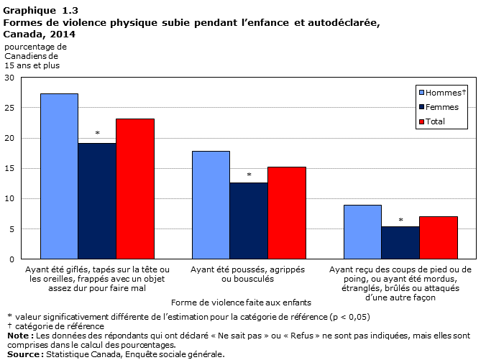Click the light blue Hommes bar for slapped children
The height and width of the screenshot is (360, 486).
[x=59, y=176]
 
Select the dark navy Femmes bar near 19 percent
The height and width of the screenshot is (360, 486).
[x=97, y=200]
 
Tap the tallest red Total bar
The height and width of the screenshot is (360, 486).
[x=135, y=189]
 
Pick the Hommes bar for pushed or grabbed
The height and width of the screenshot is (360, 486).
[x=211, y=205]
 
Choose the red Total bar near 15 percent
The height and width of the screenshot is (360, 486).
[x=287, y=213]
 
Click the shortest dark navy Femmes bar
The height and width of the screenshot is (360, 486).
[x=400, y=243]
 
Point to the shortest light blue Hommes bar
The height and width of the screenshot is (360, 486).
[x=362, y=232]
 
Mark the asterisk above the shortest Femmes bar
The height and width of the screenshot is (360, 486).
[x=400, y=220]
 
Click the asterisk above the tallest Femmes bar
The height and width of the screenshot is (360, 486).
[x=97, y=133]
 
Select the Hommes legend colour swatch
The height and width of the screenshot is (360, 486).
[x=421, y=92]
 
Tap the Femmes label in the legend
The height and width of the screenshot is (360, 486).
[x=442, y=107]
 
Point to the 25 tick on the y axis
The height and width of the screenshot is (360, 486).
[x=9, y=108]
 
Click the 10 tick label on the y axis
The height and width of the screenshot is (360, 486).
[x=9, y=198]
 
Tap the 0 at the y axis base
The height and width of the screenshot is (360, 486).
[x=12, y=259]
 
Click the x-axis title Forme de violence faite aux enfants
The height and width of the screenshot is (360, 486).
[x=241, y=303]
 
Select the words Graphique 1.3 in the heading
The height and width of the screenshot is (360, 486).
[x=40, y=11]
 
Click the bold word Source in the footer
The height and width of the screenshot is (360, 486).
[x=24, y=354]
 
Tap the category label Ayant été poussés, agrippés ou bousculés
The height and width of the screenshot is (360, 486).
[x=247, y=274]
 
